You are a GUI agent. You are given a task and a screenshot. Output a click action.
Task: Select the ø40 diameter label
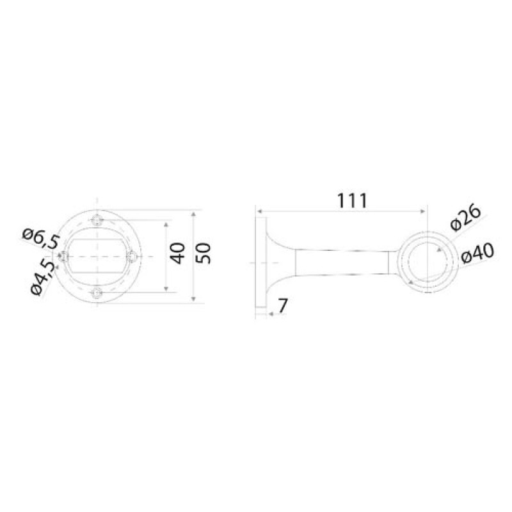coord(477,254)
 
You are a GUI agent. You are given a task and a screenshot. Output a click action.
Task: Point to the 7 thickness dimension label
coord(282,306)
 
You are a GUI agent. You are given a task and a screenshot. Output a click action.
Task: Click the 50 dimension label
coord(204,253)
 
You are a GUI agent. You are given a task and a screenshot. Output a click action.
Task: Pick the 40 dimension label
coord(178,253)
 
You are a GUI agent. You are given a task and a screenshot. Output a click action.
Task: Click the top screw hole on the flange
coord(97,220)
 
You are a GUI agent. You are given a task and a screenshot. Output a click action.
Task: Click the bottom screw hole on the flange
coord(97,293)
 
